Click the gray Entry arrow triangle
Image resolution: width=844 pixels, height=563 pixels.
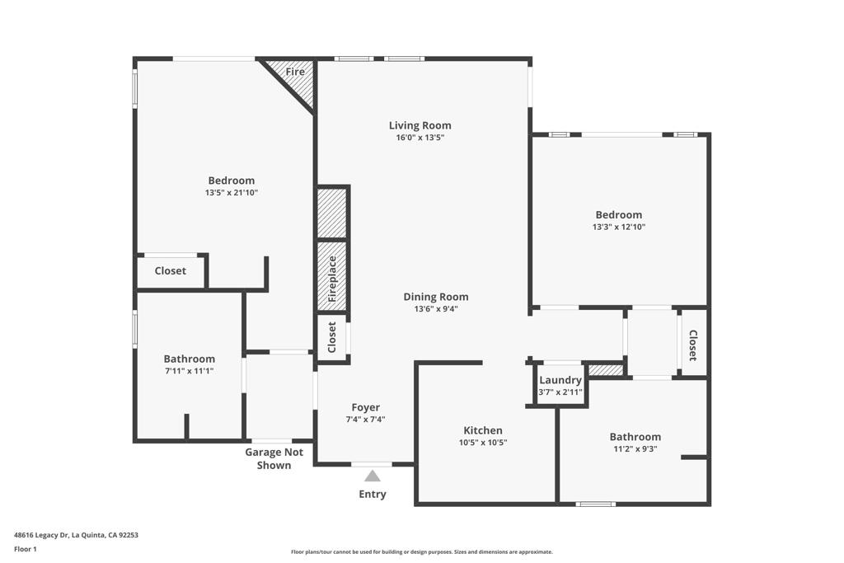373,476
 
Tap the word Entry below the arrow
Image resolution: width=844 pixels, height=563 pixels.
373,495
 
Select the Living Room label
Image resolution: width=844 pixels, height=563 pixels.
420,125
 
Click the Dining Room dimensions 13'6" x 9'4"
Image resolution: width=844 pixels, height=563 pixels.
436,309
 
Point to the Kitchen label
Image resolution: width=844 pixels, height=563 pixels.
482,430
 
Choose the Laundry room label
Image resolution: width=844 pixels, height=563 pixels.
560,380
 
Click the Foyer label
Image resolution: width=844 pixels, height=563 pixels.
366,407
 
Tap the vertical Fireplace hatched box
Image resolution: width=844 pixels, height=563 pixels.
331,277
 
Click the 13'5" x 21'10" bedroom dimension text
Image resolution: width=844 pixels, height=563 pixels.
232,193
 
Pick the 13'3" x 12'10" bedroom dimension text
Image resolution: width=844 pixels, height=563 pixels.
618,227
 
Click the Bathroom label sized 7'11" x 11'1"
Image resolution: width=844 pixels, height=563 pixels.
189,359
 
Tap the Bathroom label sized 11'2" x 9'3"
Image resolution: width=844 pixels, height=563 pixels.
635,437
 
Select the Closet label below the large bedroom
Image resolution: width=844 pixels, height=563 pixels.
171,270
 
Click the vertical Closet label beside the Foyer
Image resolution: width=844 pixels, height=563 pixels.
332,338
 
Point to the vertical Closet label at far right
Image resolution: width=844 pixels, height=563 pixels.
692,345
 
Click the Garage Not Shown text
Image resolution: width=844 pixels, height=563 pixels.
274,458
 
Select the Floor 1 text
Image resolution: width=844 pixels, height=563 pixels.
26,549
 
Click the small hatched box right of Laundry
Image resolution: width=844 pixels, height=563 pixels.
606,370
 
